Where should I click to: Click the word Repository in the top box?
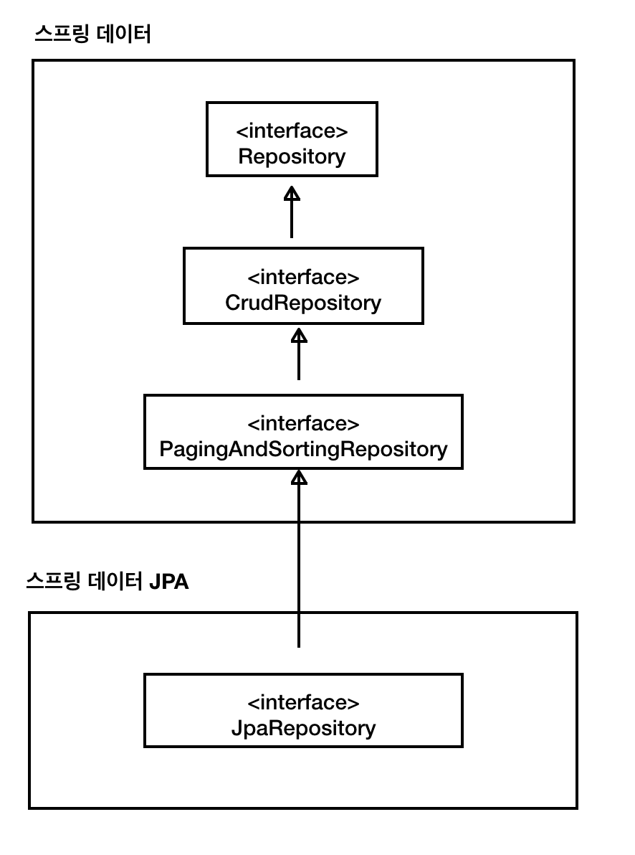292,156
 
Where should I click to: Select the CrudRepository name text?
303,303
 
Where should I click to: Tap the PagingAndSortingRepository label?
303,449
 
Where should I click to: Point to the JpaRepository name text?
303,729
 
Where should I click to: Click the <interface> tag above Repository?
292,131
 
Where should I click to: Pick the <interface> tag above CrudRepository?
303,277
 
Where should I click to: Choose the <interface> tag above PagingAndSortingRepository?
303,423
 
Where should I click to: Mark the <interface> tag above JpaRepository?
303,702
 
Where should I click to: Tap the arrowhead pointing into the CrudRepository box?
299,336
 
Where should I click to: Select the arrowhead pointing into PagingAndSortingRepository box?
299,478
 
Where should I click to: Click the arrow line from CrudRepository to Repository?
292,219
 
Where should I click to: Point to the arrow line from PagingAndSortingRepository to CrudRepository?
299,362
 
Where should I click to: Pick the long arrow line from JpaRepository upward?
299,567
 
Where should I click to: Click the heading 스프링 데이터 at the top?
93,35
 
